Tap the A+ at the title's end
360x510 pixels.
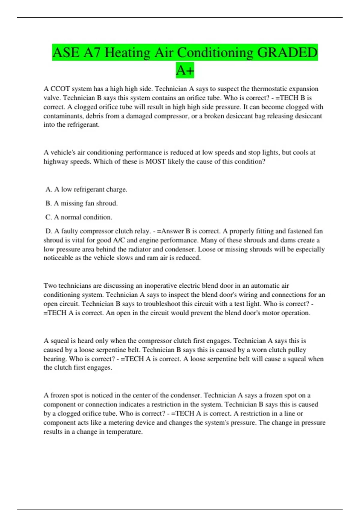point(185,70)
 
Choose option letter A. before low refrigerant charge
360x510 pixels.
point(49,189)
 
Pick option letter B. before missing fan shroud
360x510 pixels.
point(49,203)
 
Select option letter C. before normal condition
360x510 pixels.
point(49,217)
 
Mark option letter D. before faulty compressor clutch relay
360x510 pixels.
point(49,231)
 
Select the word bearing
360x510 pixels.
point(55,359)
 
